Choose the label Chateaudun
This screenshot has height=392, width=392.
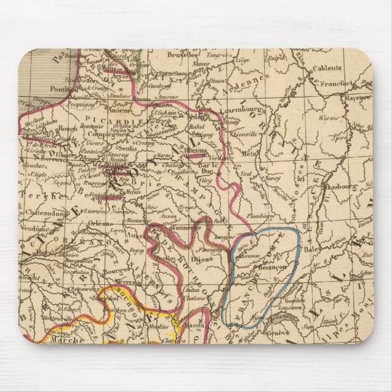47,213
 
